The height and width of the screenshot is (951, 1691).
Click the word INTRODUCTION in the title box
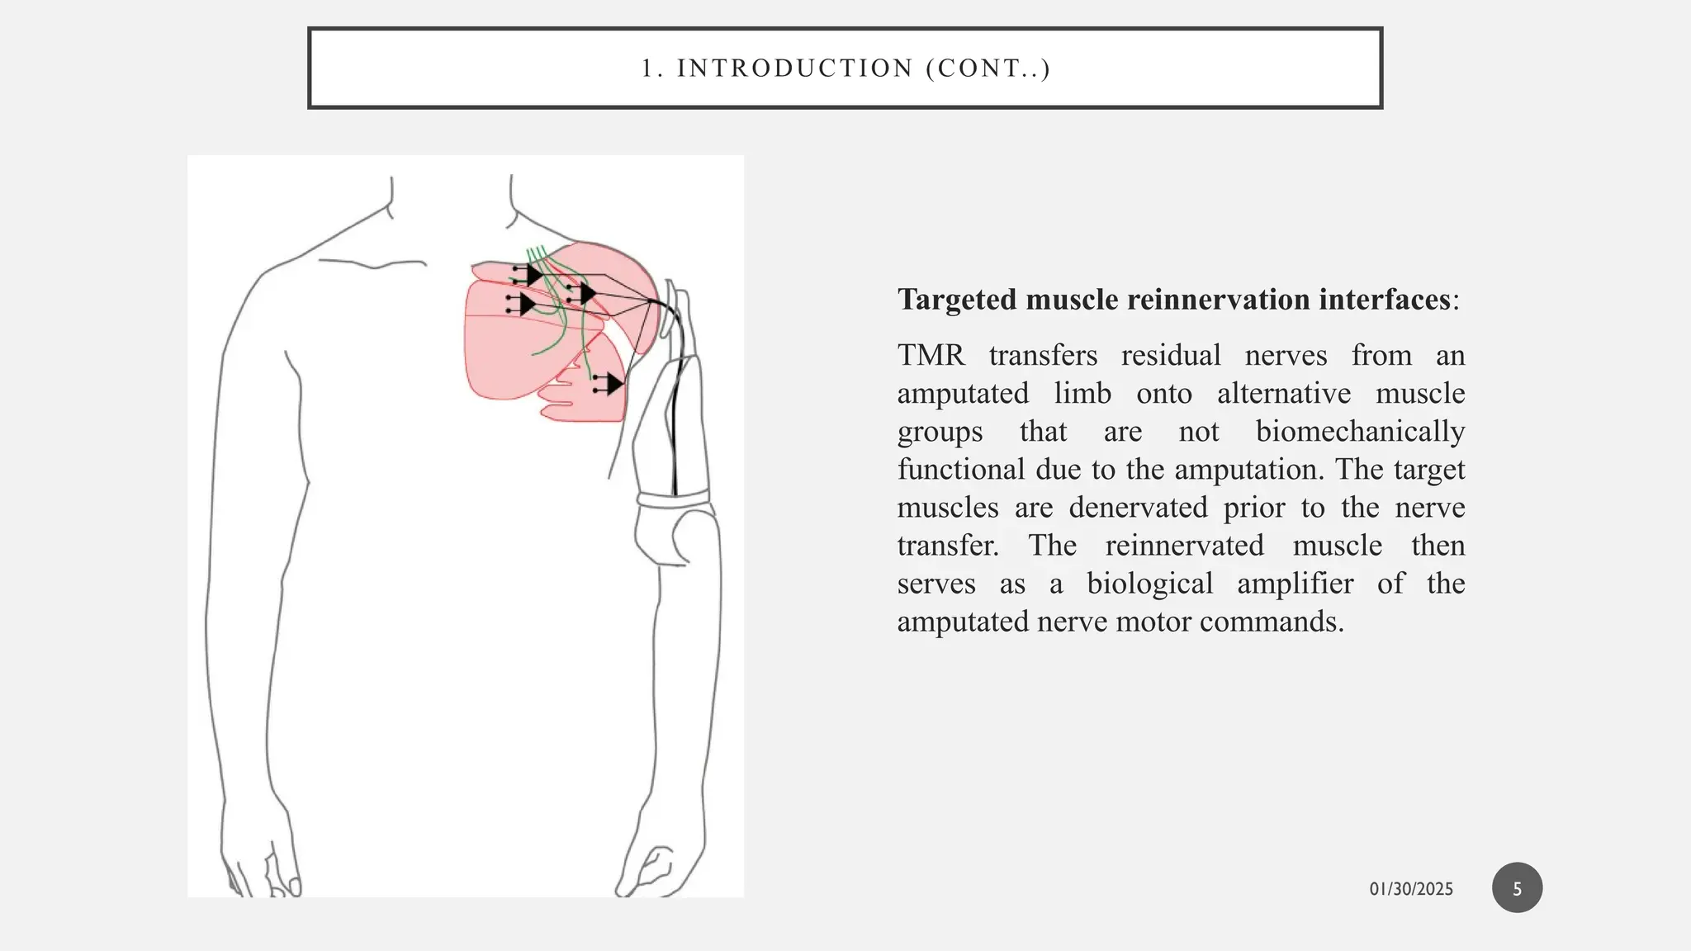coord(794,69)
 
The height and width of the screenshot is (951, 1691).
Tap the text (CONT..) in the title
coord(988,69)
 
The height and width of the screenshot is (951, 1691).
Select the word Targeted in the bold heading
coord(958,300)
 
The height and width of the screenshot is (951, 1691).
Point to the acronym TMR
coord(931,356)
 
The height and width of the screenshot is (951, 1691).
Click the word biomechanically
coord(1360,432)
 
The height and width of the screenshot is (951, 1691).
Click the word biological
coord(1149,584)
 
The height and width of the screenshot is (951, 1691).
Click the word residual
coord(1170,356)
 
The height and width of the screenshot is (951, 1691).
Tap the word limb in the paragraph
coord(1082,394)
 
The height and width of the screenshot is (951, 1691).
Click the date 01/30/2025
coord(1411,889)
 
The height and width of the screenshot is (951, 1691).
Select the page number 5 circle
coord(1517,888)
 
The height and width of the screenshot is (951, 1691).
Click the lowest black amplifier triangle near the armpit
coord(613,384)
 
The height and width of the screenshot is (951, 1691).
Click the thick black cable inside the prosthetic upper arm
coord(674,429)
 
